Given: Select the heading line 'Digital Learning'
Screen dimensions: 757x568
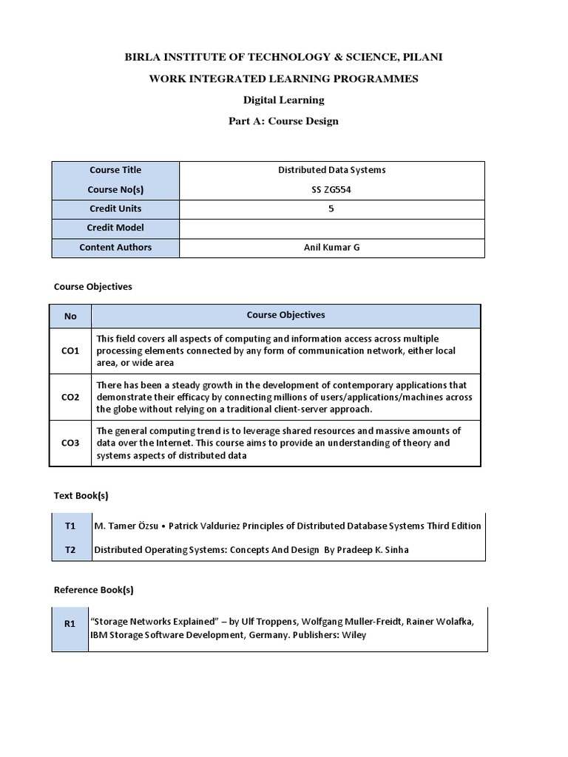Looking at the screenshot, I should point(283,100).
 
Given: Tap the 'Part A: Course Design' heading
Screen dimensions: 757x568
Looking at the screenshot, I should point(283,121).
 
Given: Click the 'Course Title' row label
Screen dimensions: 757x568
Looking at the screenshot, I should point(115,170).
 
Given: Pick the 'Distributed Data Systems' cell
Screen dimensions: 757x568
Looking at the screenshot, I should point(331,170).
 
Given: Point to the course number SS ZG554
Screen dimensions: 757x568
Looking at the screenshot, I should point(331,189).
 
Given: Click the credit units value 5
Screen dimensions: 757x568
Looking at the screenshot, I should point(331,208).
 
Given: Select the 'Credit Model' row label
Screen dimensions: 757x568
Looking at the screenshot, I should point(115,228).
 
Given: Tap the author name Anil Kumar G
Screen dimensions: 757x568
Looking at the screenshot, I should point(331,247).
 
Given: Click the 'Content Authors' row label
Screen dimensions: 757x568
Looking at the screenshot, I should point(115,247).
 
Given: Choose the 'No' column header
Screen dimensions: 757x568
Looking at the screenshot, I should point(70,316).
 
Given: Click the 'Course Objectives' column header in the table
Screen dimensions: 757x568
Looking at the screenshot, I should point(285,315).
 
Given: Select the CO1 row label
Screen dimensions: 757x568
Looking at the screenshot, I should point(70,351).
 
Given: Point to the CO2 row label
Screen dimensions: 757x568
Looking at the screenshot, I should point(70,397).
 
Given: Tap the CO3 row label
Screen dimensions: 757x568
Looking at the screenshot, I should point(70,444).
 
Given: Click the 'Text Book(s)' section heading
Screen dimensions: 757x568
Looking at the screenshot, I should point(81,495).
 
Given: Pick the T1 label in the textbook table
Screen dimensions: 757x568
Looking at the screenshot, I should point(70,526).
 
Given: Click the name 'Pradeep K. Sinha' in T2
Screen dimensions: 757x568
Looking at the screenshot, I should point(378,549).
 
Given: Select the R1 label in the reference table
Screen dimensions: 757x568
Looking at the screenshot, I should point(70,623).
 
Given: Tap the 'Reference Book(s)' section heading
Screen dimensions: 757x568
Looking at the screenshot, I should point(93,590).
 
